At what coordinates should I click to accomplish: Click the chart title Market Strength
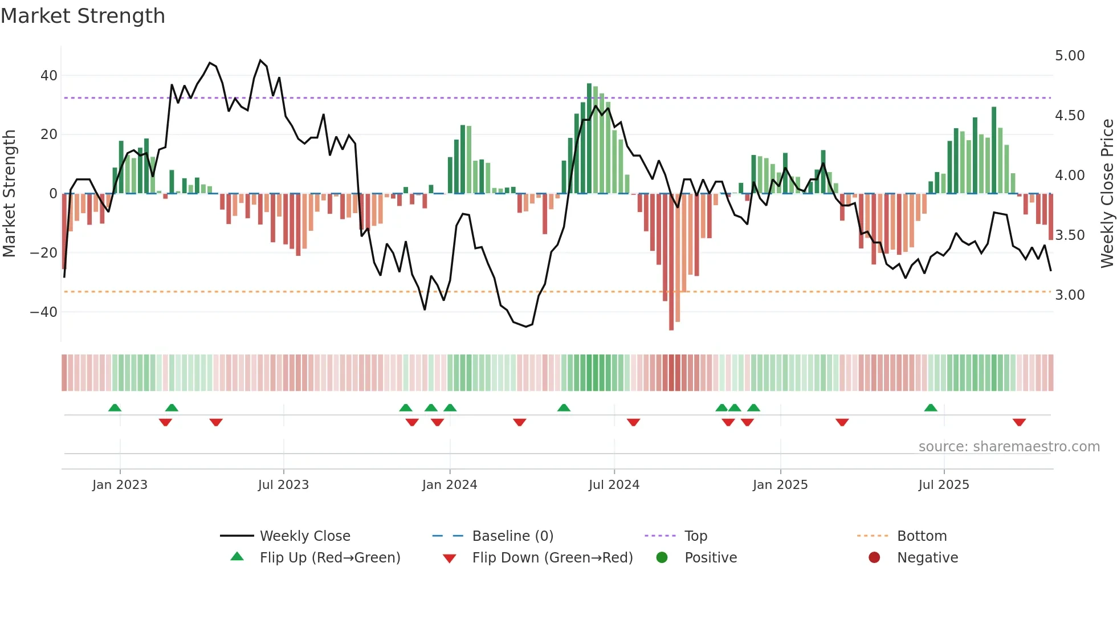pyautogui.click(x=83, y=16)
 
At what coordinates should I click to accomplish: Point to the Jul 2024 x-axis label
pyautogui.click(x=614, y=485)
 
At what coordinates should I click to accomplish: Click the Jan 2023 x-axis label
pyautogui.click(x=120, y=485)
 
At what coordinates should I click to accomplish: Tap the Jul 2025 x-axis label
pyautogui.click(x=944, y=485)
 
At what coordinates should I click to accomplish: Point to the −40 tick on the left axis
pyautogui.click(x=44, y=312)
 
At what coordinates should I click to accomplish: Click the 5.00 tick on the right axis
pyautogui.click(x=1070, y=56)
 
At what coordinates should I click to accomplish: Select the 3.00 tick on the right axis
pyautogui.click(x=1070, y=295)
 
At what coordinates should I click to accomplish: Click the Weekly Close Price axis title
pyautogui.click(x=1107, y=194)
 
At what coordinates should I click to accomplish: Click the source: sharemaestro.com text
pyautogui.click(x=1009, y=447)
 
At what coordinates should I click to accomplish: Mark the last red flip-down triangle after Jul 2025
pyautogui.click(x=1019, y=422)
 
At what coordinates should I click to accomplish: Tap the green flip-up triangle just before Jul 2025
pyautogui.click(x=931, y=407)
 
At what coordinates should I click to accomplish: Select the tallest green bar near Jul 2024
pyautogui.click(x=589, y=138)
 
